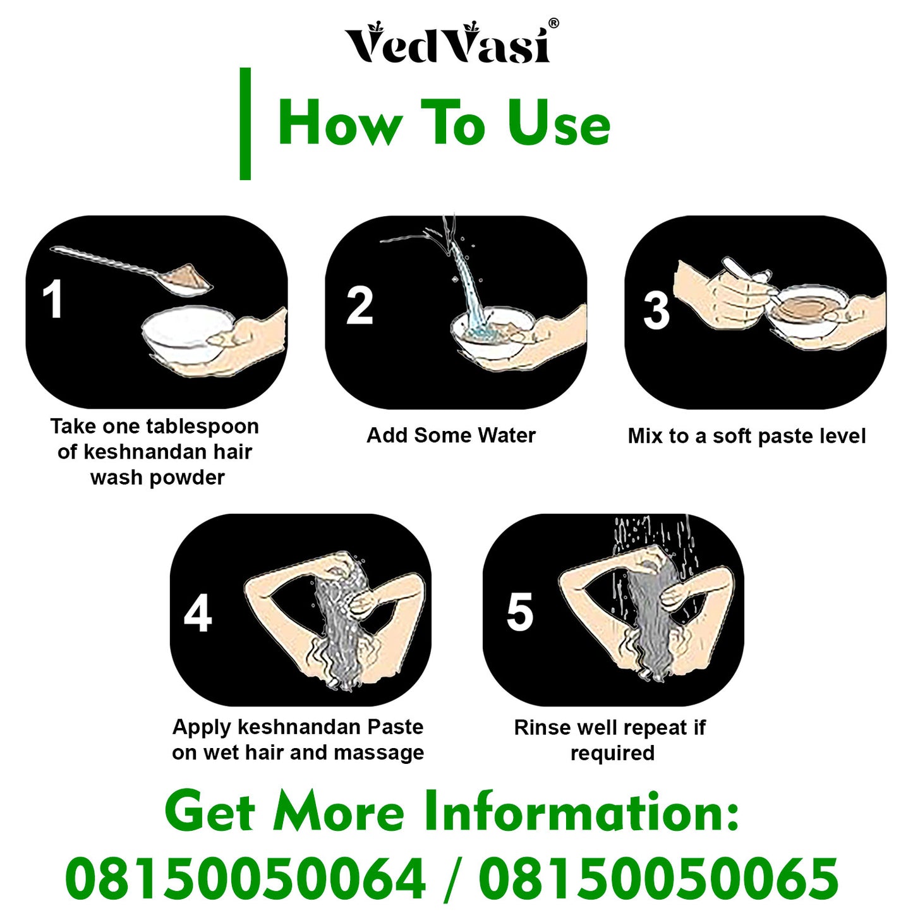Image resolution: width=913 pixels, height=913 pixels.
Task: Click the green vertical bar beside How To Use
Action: pos(245,124)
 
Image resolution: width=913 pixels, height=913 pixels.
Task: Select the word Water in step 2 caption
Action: pos(507,435)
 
